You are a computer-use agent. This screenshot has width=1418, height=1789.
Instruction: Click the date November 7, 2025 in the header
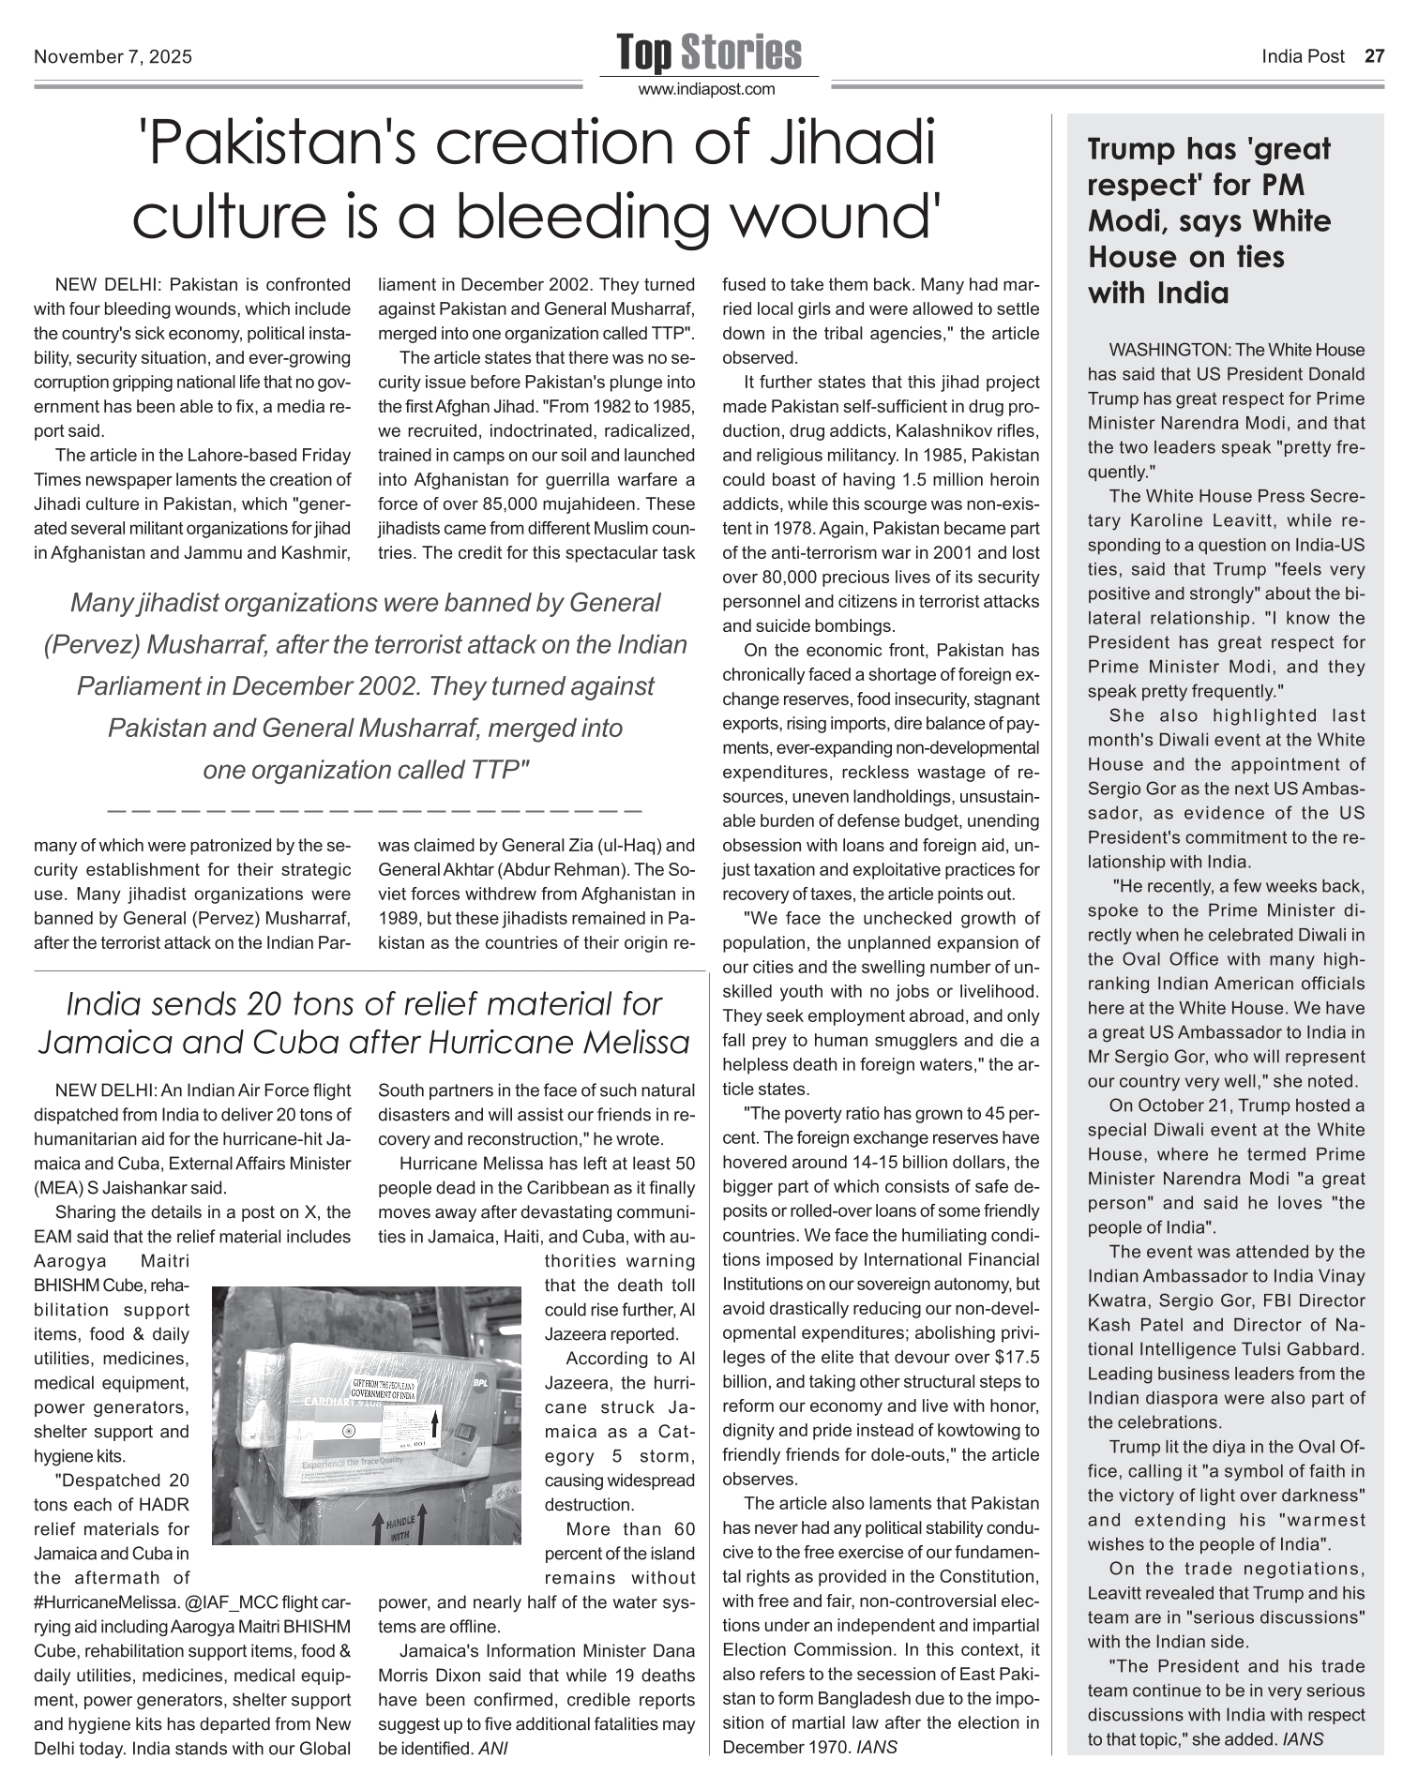[113, 57]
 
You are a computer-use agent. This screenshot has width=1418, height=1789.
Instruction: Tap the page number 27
[1374, 56]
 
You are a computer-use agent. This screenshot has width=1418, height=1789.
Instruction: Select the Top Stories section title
[709, 53]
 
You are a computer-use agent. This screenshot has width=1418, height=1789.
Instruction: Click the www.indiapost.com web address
[707, 90]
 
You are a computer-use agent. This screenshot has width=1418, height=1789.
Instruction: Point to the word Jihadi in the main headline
[847, 144]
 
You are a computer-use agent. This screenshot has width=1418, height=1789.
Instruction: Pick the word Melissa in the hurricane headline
[633, 1042]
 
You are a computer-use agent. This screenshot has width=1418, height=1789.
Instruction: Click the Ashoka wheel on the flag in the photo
[349, 1432]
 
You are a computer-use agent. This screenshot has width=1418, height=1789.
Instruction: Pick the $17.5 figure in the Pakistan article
[1015, 1357]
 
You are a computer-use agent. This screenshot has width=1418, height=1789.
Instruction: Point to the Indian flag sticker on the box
[349, 1432]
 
